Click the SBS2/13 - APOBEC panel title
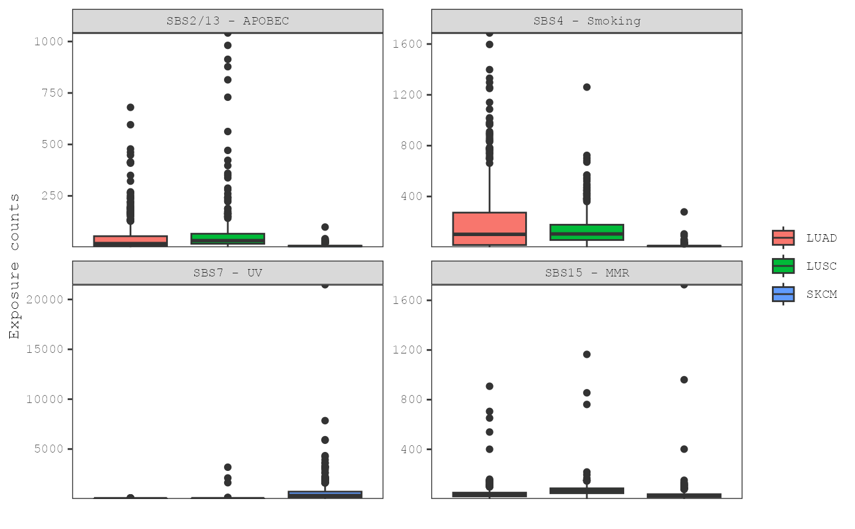pos(228,21)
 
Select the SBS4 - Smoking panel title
pos(587,21)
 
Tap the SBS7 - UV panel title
pos(228,273)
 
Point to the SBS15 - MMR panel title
pos(587,273)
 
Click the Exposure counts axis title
pos(14,265)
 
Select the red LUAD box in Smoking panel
pos(490,228)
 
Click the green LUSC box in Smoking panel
pos(587,232)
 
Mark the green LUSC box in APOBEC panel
pos(228,239)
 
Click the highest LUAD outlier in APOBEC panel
pos(130,108)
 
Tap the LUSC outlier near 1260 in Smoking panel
pos(587,87)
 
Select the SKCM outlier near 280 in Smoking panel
pos(684,212)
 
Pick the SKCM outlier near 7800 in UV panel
pos(325,421)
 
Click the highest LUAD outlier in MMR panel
pos(490,386)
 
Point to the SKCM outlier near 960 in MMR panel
pos(684,380)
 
